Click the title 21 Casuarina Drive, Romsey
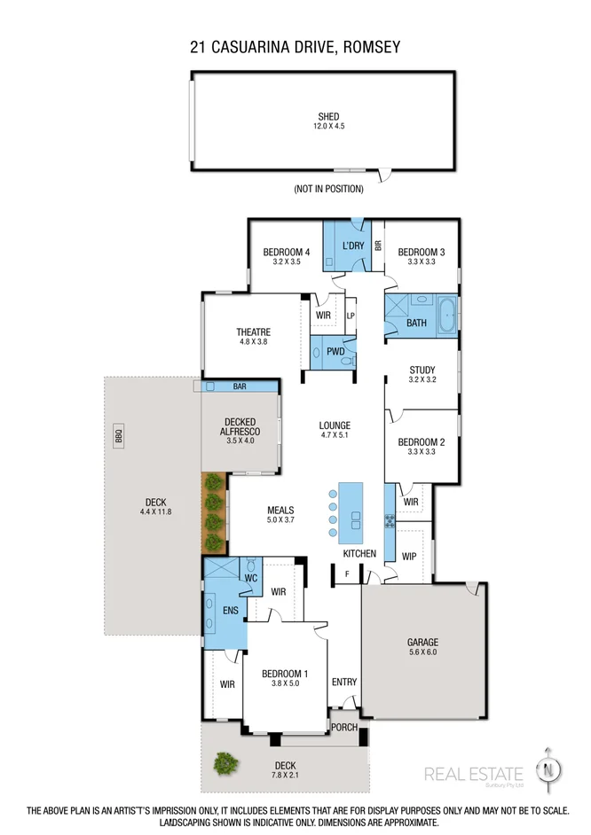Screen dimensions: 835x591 click(295, 46)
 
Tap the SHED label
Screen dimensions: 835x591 click(328, 116)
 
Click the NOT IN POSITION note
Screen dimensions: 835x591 click(328, 189)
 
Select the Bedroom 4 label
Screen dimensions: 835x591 click(286, 252)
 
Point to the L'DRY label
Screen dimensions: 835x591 click(353, 246)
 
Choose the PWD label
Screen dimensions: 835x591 click(335, 352)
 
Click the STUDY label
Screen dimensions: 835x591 click(422, 370)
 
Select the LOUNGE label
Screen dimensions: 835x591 click(335, 425)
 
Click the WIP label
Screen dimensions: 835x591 click(409, 557)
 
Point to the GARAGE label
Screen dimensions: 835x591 click(423, 642)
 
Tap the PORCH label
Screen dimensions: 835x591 click(343, 727)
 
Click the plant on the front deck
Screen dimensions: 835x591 click(226, 761)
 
